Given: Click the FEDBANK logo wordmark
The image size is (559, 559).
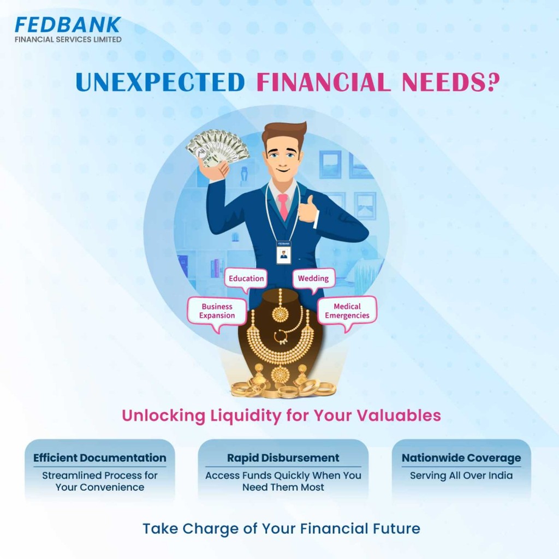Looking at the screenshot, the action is pyautogui.click(x=68, y=25).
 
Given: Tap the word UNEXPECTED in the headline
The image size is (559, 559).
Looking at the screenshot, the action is pyautogui.click(x=160, y=82).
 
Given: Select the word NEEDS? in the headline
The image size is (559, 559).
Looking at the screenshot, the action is pyautogui.click(x=450, y=82).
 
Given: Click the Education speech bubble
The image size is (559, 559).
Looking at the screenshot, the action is pyautogui.click(x=246, y=279).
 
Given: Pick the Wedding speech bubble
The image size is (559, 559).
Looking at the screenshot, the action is pyautogui.click(x=314, y=279).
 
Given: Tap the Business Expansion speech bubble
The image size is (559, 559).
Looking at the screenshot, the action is pyautogui.click(x=217, y=312).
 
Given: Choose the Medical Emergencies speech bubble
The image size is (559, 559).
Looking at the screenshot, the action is pyautogui.click(x=347, y=312).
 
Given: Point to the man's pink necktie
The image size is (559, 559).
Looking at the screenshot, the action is pyautogui.click(x=283, y=206).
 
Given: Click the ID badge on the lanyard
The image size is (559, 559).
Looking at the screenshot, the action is pyautogui.click(x=284, y=252).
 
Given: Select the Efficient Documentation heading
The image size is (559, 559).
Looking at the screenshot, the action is pyautogui.click(x=100, y=458).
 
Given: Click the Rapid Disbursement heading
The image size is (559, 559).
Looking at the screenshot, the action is pyautogui.click(x=283, y=458).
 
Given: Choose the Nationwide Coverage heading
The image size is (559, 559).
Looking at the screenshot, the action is pyautogui.click(x=461, y=458).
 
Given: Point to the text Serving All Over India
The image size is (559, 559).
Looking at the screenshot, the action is pyautogui.click(x=461, y=475).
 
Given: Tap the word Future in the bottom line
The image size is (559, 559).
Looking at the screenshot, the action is pyautogui.click(x=396, y=528).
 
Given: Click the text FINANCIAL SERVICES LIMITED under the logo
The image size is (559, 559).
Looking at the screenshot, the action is pyautogui.click(x=68, y=39).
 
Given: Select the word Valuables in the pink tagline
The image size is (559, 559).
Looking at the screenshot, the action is pyautogui.click(x=399, y=415).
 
